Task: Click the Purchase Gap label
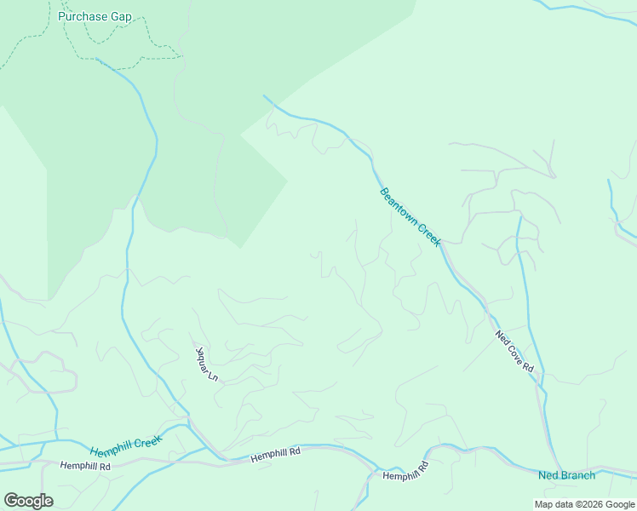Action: [x=95, y=16]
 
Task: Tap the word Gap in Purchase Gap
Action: [x=121, y=16]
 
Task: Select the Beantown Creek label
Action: [x=410, y=217]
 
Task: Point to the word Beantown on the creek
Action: [x=400, y=207]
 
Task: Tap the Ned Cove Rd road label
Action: [x=514, y=351]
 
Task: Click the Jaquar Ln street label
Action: [x=208, y=363]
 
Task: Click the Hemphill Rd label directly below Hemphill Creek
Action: [x=85, y=467]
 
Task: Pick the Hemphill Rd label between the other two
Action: [x=276, y=457]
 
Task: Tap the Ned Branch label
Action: [x=566, y=475]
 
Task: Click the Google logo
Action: [x=28, y=501]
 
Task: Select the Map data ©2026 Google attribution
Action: [x=583, y=504]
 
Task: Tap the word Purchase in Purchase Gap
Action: [x=83, y=16]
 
